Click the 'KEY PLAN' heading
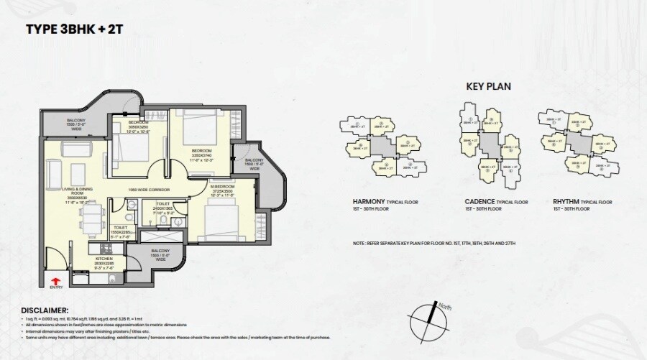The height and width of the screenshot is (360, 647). click(489, 86)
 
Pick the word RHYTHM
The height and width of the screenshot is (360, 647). click(567, 202)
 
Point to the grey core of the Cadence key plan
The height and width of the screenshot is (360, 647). click(490, 143)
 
